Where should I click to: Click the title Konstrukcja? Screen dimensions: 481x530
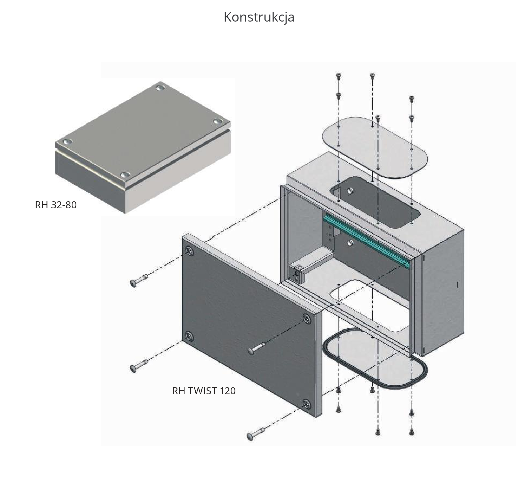click(259, 17)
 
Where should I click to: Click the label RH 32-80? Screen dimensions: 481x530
click(56, 205)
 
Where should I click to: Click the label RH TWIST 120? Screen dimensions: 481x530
click(204, 391)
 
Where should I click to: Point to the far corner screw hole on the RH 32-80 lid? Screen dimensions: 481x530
click(160, 88)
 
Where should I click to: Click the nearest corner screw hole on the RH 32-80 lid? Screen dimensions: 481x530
click(125, 175)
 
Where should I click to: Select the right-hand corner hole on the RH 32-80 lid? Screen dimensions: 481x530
click(218, 122)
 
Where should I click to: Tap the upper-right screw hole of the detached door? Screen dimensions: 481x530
click(307, 318)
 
